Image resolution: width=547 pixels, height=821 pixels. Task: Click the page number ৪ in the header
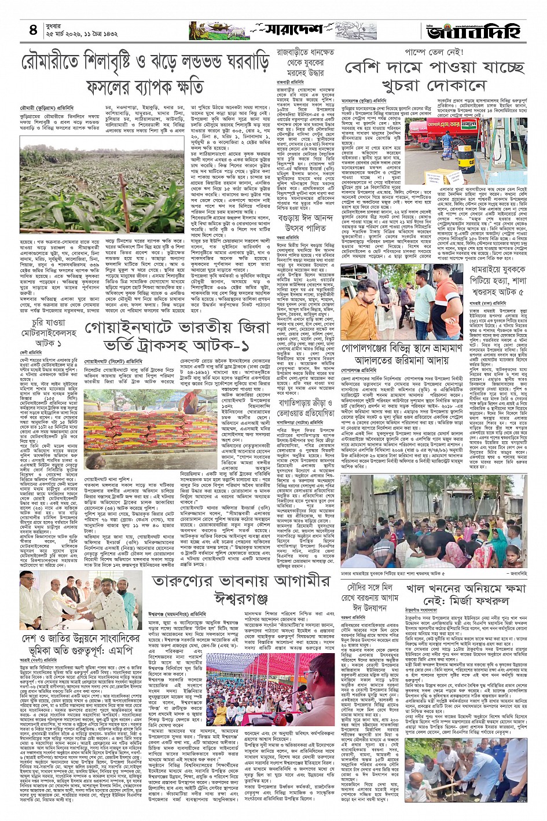coord(33,30)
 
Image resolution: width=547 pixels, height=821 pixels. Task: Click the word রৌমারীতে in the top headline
coord(61,62)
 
